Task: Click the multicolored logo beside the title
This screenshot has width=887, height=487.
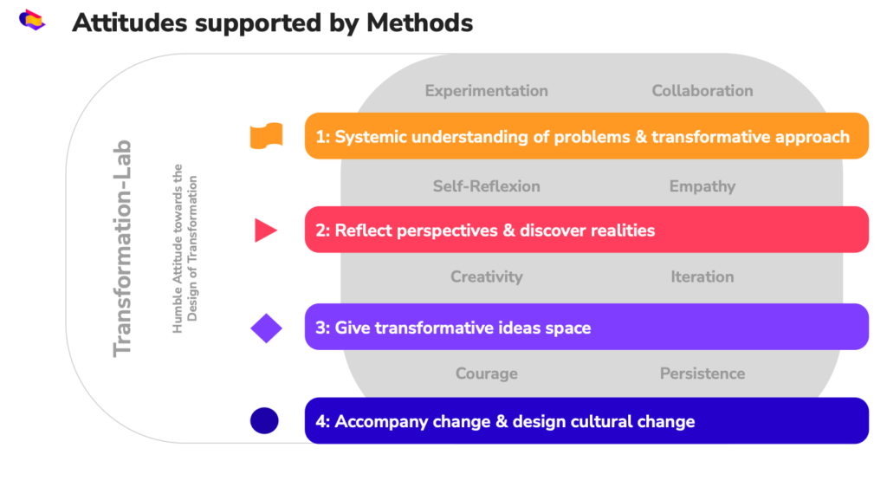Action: click(32, 20)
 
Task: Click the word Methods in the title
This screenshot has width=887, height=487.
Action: click(420, 23)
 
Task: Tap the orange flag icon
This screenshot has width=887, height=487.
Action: click(267, 136)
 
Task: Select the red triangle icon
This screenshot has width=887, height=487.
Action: click(266, 231)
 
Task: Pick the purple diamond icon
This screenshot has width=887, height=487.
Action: click(267, 328)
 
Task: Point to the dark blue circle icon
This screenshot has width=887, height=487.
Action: click(264, 421)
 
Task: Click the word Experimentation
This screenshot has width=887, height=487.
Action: click(487, 90)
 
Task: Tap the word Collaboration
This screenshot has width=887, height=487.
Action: click(702, 90)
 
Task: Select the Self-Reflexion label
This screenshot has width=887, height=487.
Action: click(487, 186)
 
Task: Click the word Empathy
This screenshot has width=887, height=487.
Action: click(702, 186)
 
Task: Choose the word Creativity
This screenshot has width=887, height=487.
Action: click(487, 277)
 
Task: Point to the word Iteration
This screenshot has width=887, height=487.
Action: click(702, 276)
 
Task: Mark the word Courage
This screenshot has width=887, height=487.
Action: click(487, 373)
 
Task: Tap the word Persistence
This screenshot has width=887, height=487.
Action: click(702, 373)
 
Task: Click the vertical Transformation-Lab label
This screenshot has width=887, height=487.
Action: click(122, 249)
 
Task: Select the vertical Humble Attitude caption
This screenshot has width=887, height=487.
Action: click(185, 249)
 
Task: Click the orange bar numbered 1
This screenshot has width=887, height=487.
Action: click(586, 136)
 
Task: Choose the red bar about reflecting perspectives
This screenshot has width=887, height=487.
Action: click(586, 230)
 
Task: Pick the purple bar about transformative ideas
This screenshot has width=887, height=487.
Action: click(586, 327)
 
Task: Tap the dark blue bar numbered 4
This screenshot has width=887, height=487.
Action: click(586, 421)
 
